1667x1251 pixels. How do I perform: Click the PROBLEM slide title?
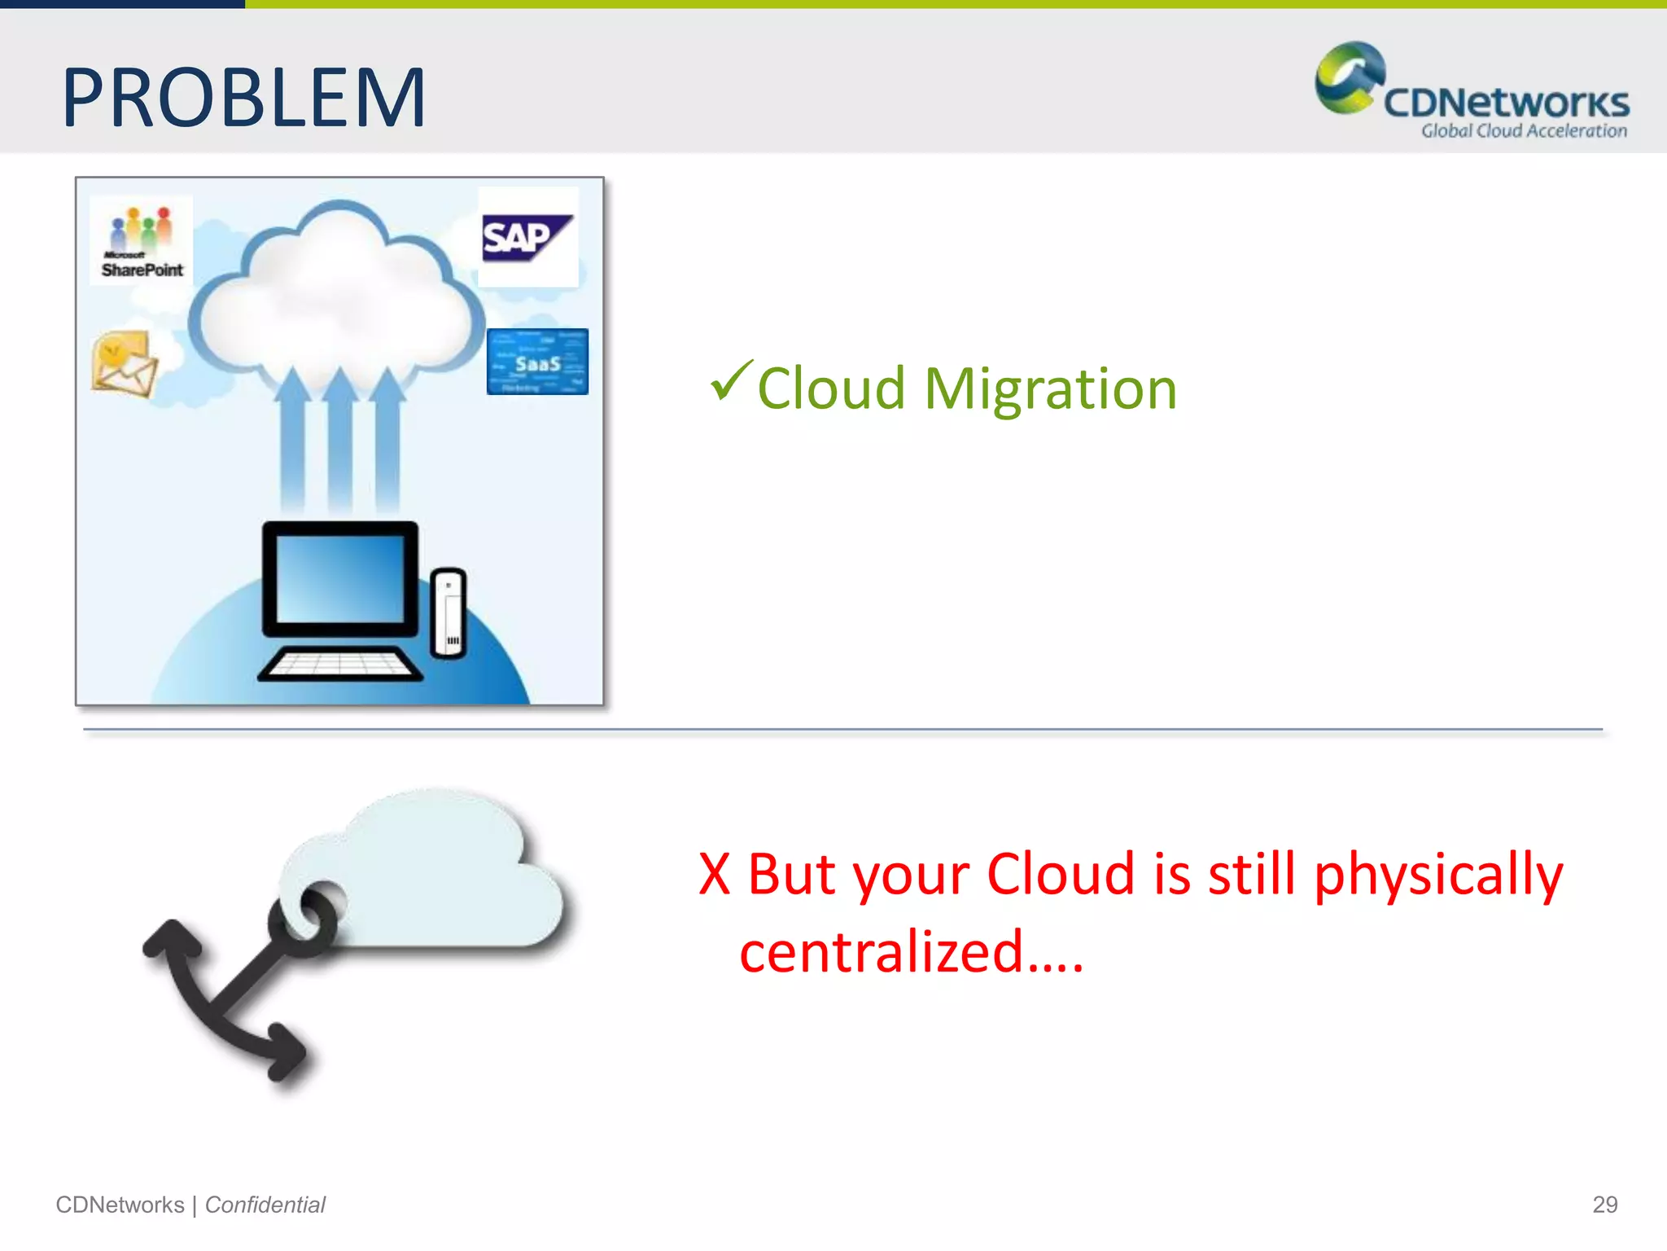(x=244, y=99)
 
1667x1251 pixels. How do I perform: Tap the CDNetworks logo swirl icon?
(x=1349, y=77)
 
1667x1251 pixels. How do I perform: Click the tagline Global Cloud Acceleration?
(x=1524, y=131)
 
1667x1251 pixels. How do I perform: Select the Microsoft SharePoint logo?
(x=142, y=240)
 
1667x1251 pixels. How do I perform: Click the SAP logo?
(x=527, y=238)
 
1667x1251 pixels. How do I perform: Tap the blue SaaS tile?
(x=537, y=362)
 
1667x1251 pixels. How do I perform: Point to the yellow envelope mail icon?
(x=124, y=364)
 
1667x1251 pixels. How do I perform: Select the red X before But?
(x=714, y=875)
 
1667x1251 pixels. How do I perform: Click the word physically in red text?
(x=1438, y=875)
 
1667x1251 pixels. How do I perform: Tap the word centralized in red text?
(x=881, y=951)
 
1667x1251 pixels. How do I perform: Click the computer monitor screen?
(x=339, y=578)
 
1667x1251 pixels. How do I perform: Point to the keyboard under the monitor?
(x=339, y=664)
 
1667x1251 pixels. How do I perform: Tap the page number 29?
(x=1604, y=1205)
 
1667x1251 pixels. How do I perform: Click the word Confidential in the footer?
(x=265, y=1205)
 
